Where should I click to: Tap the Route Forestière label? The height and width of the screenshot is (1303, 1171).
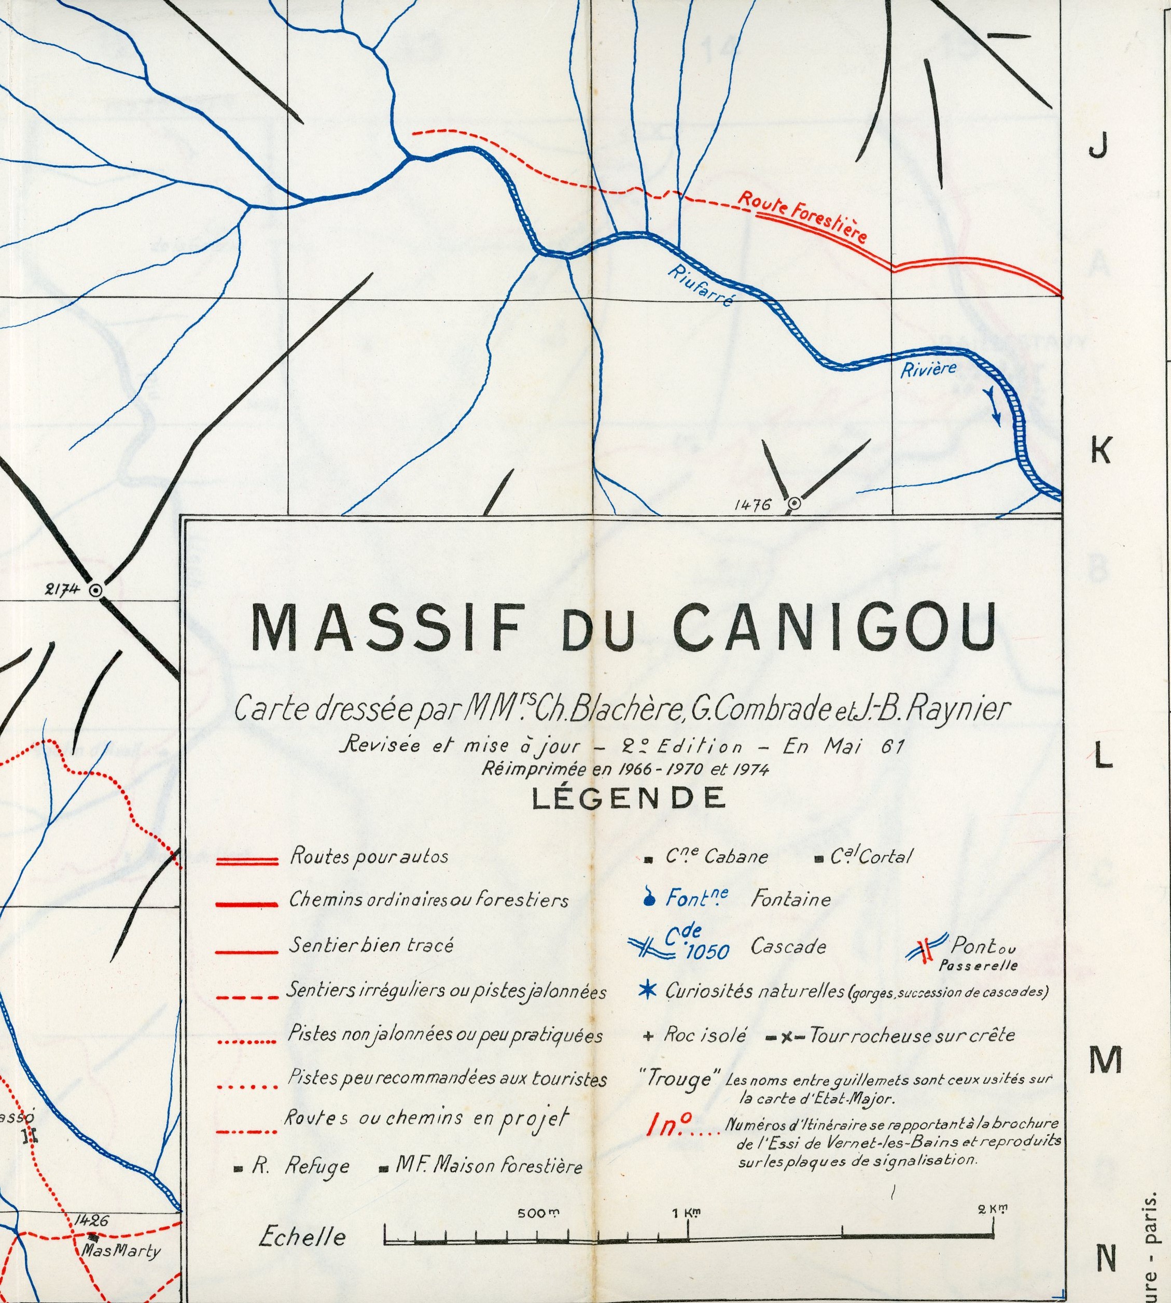click(803, 216)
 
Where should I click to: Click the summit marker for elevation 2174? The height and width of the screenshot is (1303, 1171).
click(96, 590)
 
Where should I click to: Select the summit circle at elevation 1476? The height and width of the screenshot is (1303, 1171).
click(794, 504)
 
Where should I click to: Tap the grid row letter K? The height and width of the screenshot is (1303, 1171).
click(1101, 452)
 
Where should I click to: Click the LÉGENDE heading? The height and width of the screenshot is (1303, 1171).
click(628, 798)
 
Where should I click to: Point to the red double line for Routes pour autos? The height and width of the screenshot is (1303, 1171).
click(247, 861)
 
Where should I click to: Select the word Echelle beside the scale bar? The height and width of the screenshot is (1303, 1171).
click(302, 1237)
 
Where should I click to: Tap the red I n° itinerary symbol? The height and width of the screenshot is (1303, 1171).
click(668, 1126)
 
